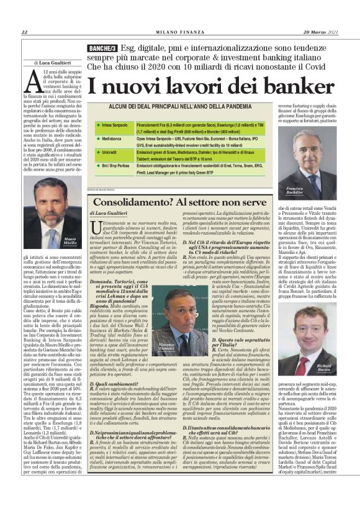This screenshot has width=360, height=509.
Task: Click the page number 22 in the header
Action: point(24,33)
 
